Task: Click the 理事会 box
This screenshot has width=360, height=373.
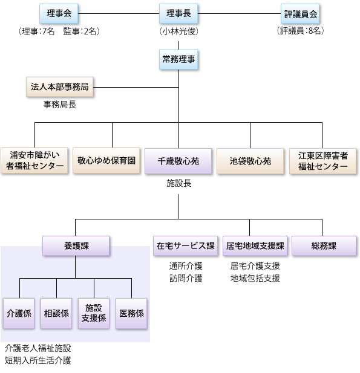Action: (59, 13)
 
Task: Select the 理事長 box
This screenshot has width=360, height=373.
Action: (178, 13)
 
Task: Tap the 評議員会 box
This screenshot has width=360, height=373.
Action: (300, 13)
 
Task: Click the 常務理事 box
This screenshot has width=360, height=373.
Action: (178, 59)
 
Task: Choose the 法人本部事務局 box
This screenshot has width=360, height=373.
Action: (59, 87)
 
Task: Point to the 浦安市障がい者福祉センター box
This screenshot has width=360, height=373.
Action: (34, 161)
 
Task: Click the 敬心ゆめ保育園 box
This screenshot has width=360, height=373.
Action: (106, 161)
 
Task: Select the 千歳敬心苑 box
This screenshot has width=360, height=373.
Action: (178, 161)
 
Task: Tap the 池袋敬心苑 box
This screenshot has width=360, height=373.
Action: (250, 161)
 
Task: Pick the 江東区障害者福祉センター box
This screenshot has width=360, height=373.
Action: (323, 161)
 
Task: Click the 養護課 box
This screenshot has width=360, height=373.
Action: (76, 245)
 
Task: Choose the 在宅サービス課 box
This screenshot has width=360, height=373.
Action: (186, 245)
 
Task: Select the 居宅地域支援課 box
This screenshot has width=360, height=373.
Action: (255, 245)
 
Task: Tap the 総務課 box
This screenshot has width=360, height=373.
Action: (324, 245)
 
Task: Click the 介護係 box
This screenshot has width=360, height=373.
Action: (19, 314)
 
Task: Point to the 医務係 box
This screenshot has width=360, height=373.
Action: (131, 314)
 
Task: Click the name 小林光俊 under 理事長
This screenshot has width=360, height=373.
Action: (179, 31)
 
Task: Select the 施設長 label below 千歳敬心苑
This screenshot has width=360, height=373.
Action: (179, 183)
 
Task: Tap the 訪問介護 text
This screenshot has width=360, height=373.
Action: (186, 278)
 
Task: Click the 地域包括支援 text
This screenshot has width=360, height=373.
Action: (255, 278)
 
